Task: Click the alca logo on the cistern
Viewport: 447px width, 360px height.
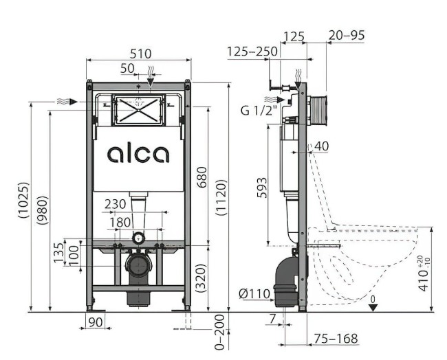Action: (138, 153)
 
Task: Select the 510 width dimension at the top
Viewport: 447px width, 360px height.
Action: (139, 54)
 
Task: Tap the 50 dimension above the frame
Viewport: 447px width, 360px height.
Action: (127, 68)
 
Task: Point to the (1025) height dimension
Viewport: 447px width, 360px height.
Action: (23, 200)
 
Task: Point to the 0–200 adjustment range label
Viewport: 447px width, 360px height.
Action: (220, 333)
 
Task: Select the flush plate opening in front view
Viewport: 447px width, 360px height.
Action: (137, 110)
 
